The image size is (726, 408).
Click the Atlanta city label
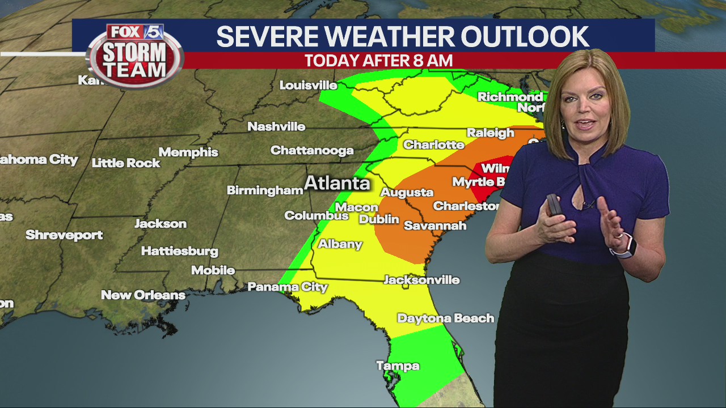coord(337,183)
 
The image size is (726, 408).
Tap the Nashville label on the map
coord(276,126)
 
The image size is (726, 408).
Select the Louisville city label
coord(308,86)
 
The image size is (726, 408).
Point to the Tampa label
coord(398,366)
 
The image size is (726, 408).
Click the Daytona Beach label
coord(445,318)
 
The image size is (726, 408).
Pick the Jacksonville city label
coord(421,280)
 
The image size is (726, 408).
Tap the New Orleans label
coord(143,295)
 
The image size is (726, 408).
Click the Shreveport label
coord(64,235)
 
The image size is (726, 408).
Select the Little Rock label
coord(126,163)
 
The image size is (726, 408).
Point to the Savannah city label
coord(435,226)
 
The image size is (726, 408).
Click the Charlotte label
coord(433,145)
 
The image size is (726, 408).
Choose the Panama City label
coord(288,287)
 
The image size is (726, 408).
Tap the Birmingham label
coord(265,190)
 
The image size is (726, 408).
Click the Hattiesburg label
coord(179,250)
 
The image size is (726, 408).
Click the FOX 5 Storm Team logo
coord(136,56)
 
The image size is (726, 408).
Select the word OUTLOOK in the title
coord(525,37)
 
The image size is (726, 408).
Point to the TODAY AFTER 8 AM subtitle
coord(378,61)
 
